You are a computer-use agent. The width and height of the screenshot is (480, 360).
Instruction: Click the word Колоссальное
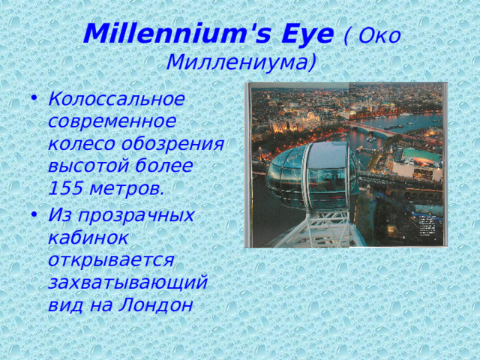(x=115, y=99)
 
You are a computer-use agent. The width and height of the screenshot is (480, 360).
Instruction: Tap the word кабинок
(x=87, y=238)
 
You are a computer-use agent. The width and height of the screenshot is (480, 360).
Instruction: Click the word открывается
(x=111, y=259)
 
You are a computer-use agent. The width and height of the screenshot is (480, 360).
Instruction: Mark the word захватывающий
(x=127, y=282)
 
